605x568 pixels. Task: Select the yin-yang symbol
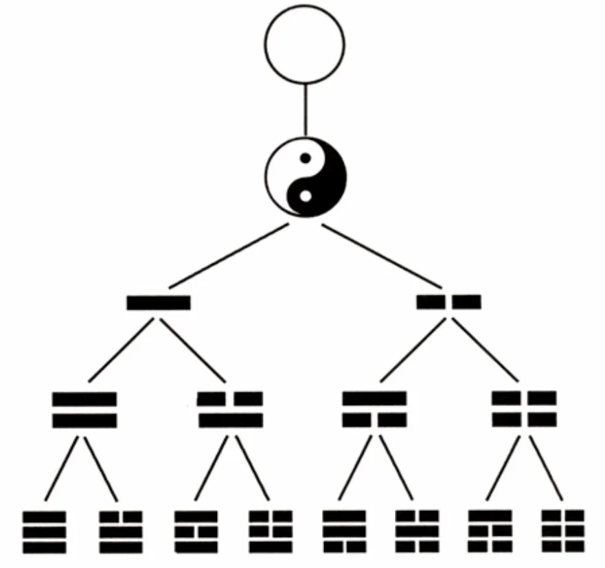click(305, 177)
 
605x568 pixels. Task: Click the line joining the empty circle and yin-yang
click(305, 110)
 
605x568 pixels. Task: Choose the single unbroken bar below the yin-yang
click(159, 302)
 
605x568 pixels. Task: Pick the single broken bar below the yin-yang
click(449, 302)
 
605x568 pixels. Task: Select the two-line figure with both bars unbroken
click(84, 409)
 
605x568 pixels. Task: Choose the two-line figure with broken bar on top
click(230, 409)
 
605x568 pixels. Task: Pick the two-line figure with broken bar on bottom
click(375, 409)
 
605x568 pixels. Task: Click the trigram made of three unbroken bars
click(45, 532)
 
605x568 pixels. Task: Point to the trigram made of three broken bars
click(562, 532)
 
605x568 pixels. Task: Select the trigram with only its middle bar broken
click(196, 532)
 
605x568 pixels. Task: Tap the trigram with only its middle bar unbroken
click(417, 532)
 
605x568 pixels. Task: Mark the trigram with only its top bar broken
click(121, 532)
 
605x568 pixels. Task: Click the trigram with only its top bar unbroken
click(490, 532)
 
